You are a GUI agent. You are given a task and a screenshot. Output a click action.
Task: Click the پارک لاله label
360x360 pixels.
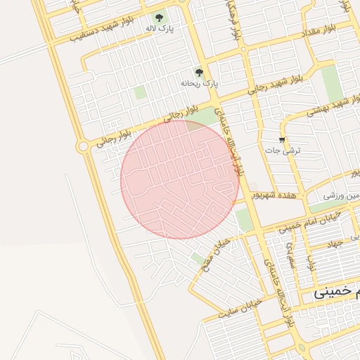coord(159,27)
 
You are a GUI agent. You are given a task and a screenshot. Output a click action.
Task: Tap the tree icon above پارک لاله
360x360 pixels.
coord(160,16)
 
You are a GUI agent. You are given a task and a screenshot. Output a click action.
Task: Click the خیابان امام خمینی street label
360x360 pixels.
coord(303,224)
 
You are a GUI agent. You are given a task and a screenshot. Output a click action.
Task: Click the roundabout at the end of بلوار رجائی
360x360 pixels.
coord(83,146)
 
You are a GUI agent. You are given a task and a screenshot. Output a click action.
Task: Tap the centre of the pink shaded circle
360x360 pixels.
coord(180,179)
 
